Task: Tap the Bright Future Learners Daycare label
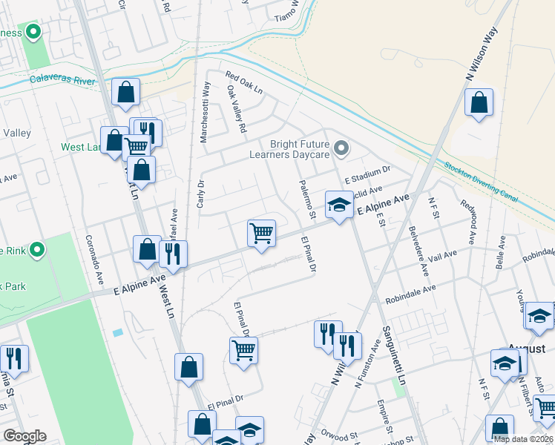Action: pyautogui.click(x=292, y=149)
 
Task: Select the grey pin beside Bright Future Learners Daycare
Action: pyautogui.click(x=341, y=149)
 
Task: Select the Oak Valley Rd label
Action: pyautogui.click(x=237, y=109)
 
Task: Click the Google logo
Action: pyautogui.click(x=24, y=436)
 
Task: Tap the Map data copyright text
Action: pyautogui.click(x=522, y=439)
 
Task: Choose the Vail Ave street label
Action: pyautogui.click(x=443, y=257)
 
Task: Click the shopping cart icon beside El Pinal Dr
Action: pyautogui.click(x=243, y=349)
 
